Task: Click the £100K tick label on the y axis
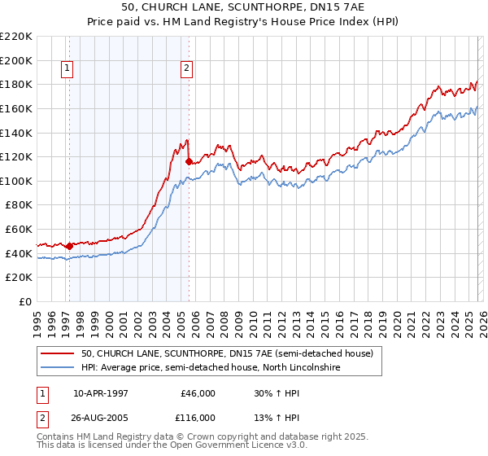tap(16, 181)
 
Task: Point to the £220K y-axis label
tap(16, 37)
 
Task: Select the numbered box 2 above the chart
tap(186, 69)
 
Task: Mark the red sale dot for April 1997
tap(69, 246)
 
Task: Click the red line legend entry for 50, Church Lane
tap(227, 353)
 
